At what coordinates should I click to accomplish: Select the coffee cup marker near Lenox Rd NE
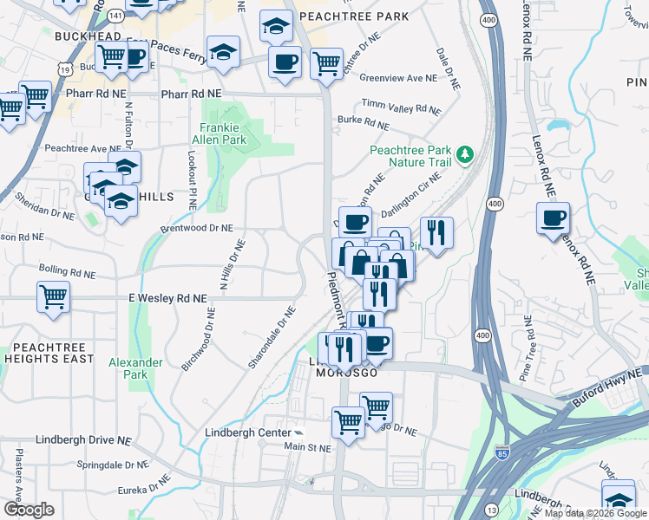point(553,218)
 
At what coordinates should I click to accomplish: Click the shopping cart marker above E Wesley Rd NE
point(54,297)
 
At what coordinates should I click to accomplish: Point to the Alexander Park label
point(135,368)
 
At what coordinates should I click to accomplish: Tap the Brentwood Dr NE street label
point(197,228)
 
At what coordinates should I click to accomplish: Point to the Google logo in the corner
point(28,510)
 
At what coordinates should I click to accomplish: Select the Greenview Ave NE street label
point(397,78)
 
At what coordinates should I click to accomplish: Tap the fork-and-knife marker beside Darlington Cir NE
point(436,233)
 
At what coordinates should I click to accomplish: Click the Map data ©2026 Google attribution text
point(595,514)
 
